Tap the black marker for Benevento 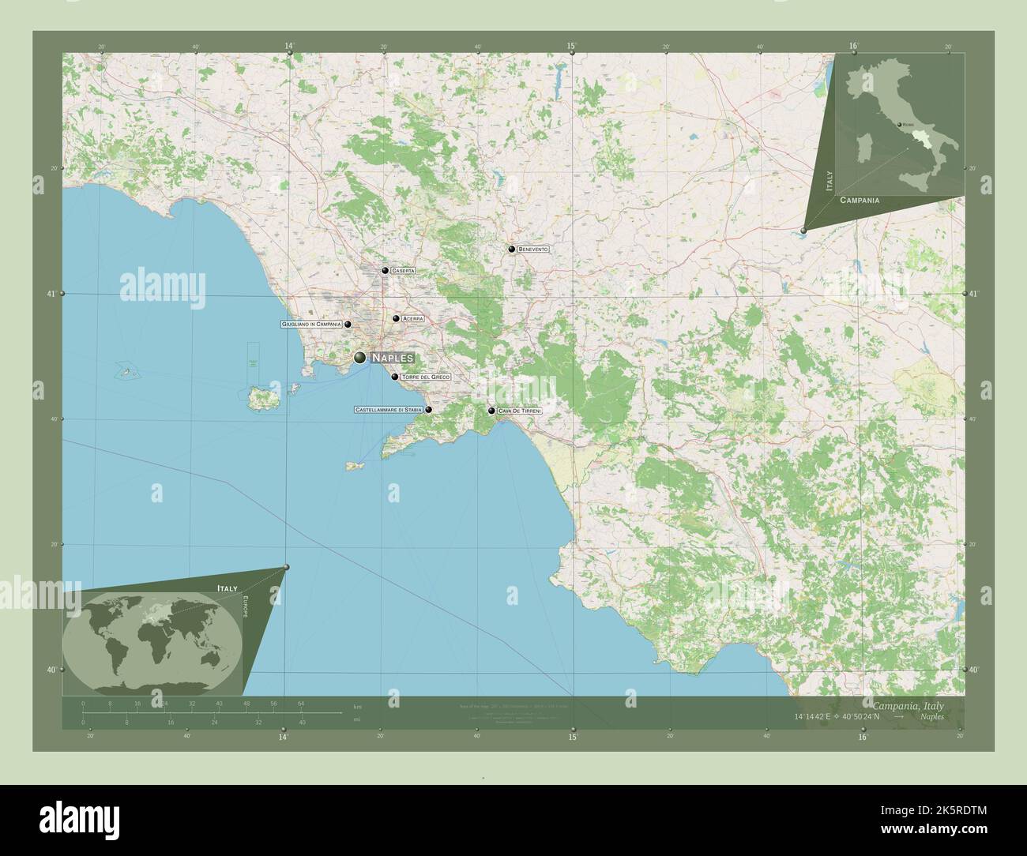pyautogui.click(x=512, y=250)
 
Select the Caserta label pyautogui.click(x=403, y=271)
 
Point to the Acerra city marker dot pyautogui.click(x=396, y=319)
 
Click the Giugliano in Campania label pyautogui.click(x=311, y=325)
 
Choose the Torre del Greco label pyautogui.click(x=426, y=377)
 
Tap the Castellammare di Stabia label pyautogui.click(x=388, y=410)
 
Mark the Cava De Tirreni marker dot pyautogui.click(x=491, y=411)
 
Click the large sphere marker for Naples pyautogui.click(x=360, y=358)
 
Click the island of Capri pyautogui.click(x=353, y=466)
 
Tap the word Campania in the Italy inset pyautogui.click(x=860, y=201)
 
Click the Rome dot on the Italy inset pyautogui.click(x=899, y=125)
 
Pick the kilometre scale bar pyautogui.click(x=191, y=711)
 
